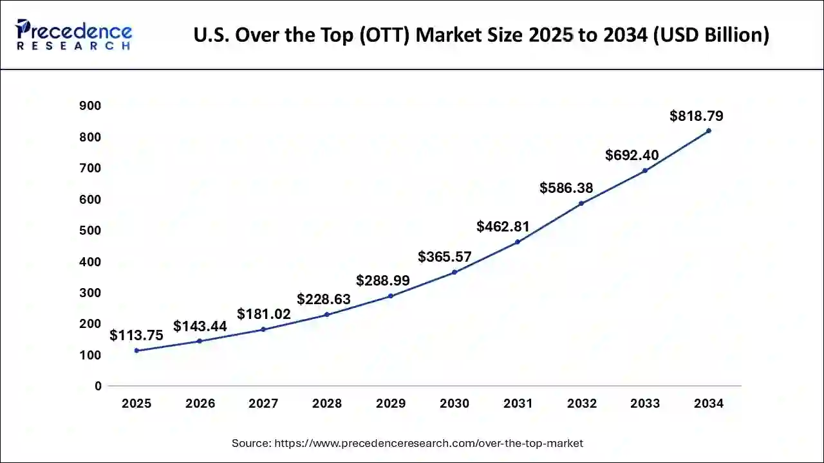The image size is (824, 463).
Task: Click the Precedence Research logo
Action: click(x=74, y=35)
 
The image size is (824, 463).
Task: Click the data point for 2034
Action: click(x=709, y=131)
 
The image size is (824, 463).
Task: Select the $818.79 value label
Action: click(x=696, y=116)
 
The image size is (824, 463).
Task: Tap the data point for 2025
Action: click(x=136, y=350)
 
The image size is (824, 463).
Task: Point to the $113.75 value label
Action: click(x=136, y=336)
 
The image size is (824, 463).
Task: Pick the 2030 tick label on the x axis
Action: click(x=454, y=404)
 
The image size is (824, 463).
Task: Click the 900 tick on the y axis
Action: click(x=90, y=105)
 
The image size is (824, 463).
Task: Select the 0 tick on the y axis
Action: click(x=98, y=386)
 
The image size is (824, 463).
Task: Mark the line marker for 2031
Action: click(x=518, y=242)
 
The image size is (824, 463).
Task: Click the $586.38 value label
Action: click(x=566, y=188)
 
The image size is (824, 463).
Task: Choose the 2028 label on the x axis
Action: click(x=327, y=404)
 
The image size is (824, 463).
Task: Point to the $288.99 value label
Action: click(x=383, y=281)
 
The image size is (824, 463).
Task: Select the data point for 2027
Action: click(x=263, y=329)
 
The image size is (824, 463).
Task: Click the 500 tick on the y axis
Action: click(x=90, y=230)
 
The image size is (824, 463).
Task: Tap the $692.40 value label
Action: click(x=632, y=155)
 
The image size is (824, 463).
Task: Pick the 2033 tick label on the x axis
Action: click(x=645, y=404)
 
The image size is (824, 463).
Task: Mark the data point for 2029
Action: click(x=391, y=296)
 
